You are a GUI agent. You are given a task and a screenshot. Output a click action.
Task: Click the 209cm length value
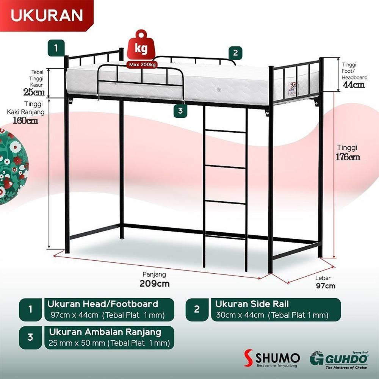(155, 283)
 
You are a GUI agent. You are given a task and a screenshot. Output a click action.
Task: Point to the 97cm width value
(326, 286)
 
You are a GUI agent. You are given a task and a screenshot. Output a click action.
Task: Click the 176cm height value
(348, 157)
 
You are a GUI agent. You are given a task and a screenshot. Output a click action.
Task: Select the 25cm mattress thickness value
(34, 92)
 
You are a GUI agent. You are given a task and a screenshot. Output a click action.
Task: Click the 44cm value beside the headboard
(354, 85)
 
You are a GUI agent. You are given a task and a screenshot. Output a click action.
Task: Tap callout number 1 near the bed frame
(56, 48)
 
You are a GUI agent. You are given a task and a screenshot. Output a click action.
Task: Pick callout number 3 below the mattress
(180, 111)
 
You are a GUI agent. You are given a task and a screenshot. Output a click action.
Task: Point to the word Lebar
(323, 278)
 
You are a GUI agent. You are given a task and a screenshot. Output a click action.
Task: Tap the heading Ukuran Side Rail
(252, 304)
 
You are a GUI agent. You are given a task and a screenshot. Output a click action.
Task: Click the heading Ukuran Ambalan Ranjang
(105, 332)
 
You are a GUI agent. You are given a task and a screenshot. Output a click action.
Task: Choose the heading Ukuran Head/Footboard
(102, 304)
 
